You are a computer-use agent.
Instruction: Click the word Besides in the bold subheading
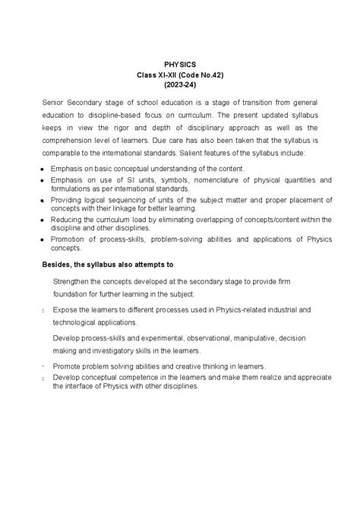55,265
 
